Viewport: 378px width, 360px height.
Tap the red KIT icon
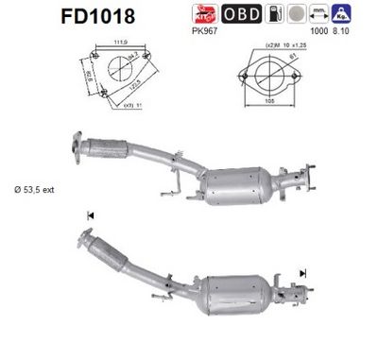(x=231, y=15)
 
